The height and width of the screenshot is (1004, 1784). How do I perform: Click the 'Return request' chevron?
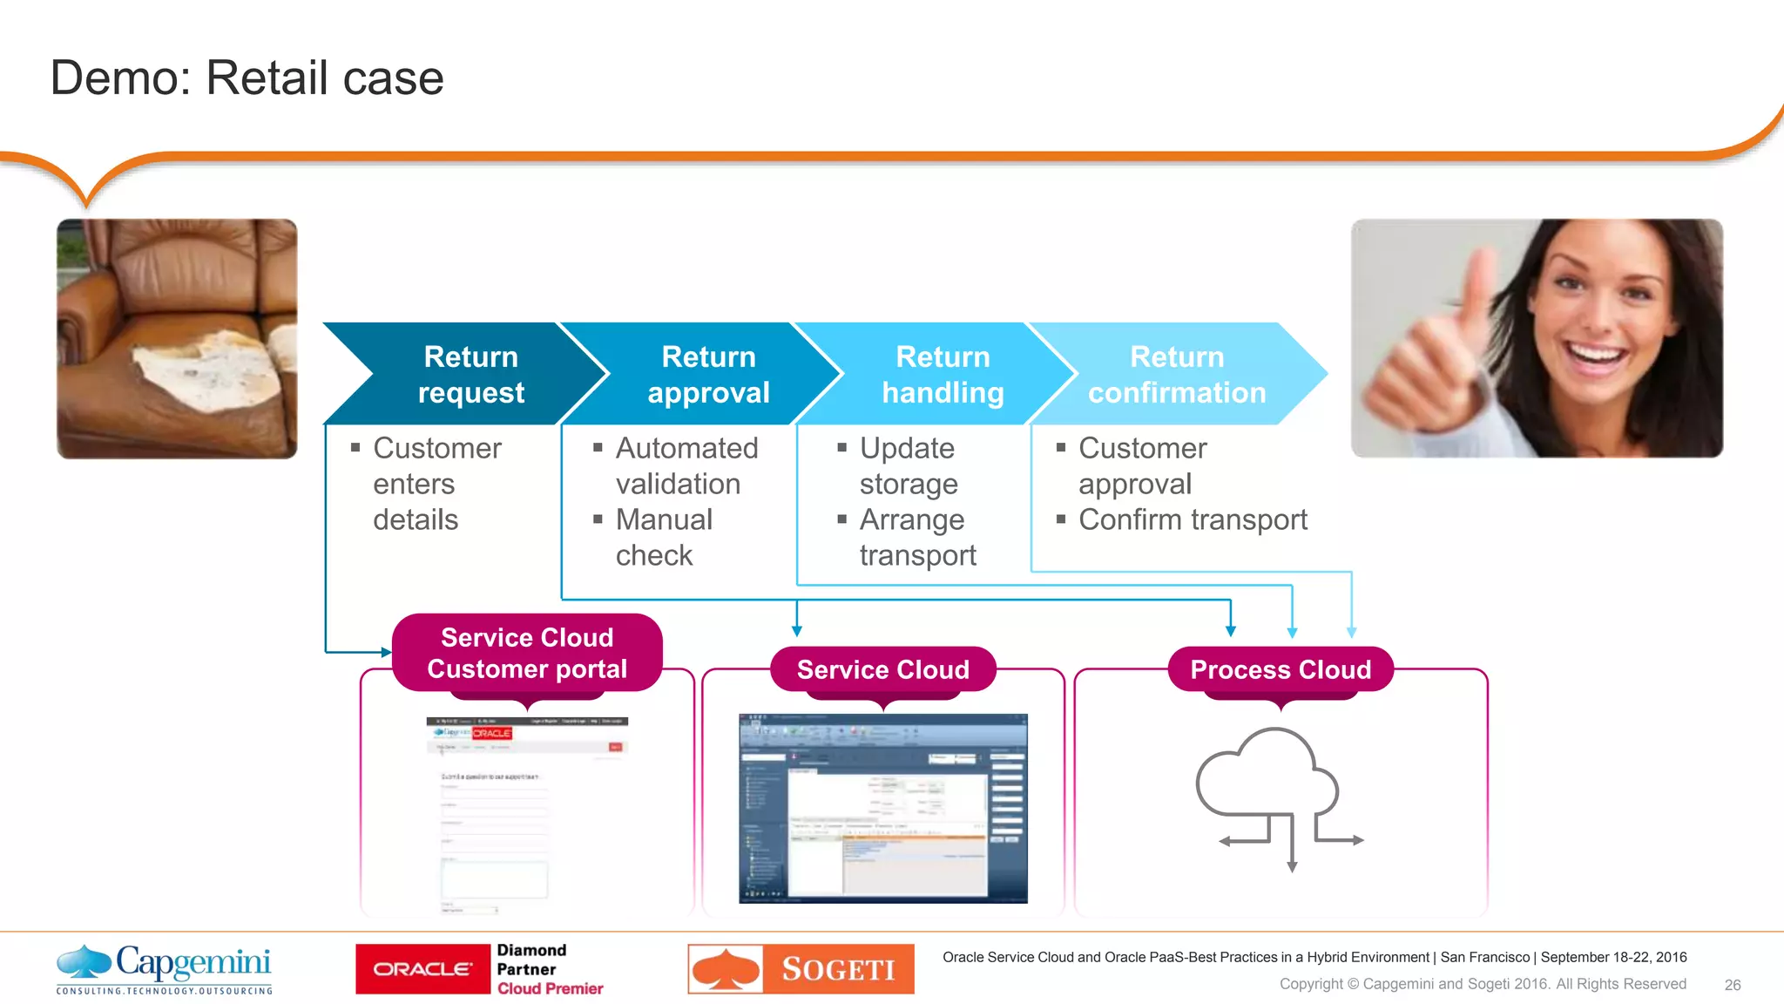click(x=470, y=375)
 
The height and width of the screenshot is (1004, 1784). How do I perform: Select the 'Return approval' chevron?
click(x=707, y=375)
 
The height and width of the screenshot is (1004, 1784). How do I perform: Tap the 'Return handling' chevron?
click(x=942, y=375)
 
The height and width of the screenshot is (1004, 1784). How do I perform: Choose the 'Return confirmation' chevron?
click(x=1176, y=375)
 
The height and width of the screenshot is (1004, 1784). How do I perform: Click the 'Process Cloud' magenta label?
click(x=1280, y=669)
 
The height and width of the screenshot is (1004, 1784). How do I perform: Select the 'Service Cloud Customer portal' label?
click(x=527, y=653)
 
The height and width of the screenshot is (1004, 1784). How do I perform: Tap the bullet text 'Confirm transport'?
click(x=1192, y=519)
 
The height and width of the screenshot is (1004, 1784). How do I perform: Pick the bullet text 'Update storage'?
click(x=908, y=465)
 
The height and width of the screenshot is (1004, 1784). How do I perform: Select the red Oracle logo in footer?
click(x=422, y=969)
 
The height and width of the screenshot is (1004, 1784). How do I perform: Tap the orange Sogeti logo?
click(x=801, y=969)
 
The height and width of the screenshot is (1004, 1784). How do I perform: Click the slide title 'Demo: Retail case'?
click(x=247, y=78)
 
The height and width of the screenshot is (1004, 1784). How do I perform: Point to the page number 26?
click(x=1732, y=985)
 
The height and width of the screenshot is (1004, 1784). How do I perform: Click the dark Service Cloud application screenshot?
click(x=882, y=808)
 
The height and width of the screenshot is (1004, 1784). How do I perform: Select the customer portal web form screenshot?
click(x=526, y=815)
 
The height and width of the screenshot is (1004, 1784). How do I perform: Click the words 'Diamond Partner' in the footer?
click(x=531, y=960)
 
